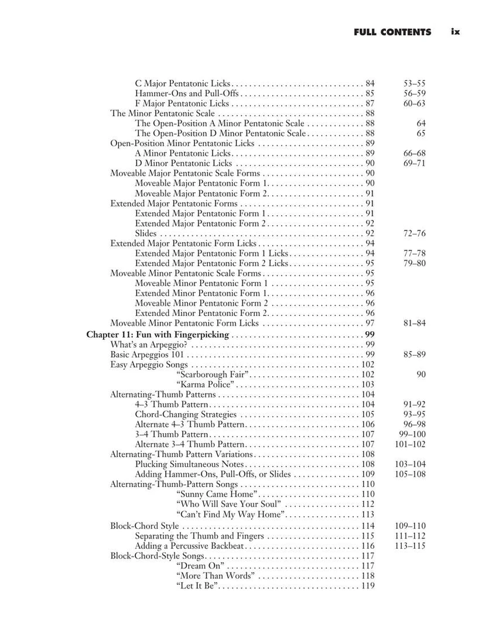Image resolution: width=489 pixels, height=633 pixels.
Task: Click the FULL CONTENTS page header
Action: pyautogui.click(x=392, y=32)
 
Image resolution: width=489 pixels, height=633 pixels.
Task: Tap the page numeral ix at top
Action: pyautogui.click(x=456, y=32)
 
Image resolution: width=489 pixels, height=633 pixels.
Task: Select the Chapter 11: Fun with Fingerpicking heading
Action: pyautogui.click(x=158, y=335)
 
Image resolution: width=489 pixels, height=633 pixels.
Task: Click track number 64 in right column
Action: pyautogui.click(x=420, y=124)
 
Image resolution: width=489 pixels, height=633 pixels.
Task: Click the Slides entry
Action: pyautogui.click(x=146, y=233)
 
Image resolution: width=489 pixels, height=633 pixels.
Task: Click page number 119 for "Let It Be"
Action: pyautogui.click(x=368, y=586)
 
